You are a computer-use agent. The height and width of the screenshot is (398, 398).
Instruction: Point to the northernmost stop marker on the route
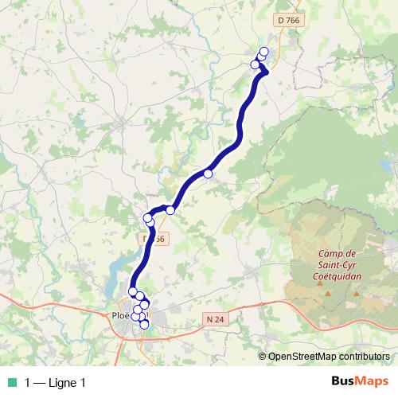point(264,53)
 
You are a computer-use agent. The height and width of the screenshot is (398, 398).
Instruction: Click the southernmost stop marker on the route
point(144,324)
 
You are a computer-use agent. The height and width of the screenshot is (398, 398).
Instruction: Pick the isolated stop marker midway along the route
point(208,174)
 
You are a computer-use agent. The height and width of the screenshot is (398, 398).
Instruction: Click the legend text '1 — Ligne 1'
point(55,383)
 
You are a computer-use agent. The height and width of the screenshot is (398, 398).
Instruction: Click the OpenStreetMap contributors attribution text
point(329,357)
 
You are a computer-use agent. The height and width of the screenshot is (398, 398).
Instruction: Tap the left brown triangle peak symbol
point(328,295)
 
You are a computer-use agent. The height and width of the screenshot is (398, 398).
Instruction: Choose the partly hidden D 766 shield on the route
point(155,238)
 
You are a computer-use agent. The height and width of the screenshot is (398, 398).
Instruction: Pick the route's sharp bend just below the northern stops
point(266,72)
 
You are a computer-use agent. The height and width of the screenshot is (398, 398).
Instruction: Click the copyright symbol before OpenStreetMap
point(263,357)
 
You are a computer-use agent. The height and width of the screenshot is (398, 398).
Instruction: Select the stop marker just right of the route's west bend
point(170,210)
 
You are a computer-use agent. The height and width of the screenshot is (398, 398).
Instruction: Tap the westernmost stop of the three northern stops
point(256,64)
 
